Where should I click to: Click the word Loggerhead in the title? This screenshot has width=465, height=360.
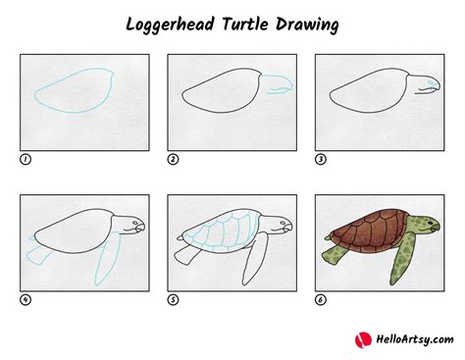point(174,23)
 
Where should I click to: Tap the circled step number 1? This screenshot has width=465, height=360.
point(24,158)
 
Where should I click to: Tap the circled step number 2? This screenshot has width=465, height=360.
point(172,158)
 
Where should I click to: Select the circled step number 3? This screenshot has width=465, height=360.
point(320,158)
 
